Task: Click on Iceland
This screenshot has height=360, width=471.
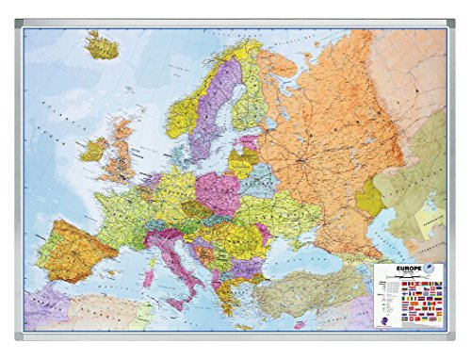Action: point(102,44)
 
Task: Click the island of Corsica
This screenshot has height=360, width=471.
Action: point(151,243)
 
